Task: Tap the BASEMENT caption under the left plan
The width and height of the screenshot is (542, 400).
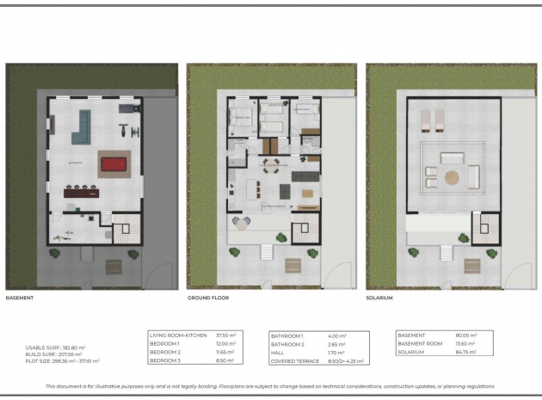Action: click(21, 298)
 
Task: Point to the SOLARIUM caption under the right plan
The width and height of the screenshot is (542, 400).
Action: click(379, 298)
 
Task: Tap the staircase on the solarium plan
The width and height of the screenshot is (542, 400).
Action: click(484, 228)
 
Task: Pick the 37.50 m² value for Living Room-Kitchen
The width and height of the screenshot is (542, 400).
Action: click(225, 335)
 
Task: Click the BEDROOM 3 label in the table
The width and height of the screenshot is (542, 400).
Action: click(167, 361)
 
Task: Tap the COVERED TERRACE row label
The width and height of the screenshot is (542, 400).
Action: click(293, 361)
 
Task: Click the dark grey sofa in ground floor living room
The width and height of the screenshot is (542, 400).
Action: click(304, 176)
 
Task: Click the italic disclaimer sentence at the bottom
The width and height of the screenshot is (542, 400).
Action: click(270, 386)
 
